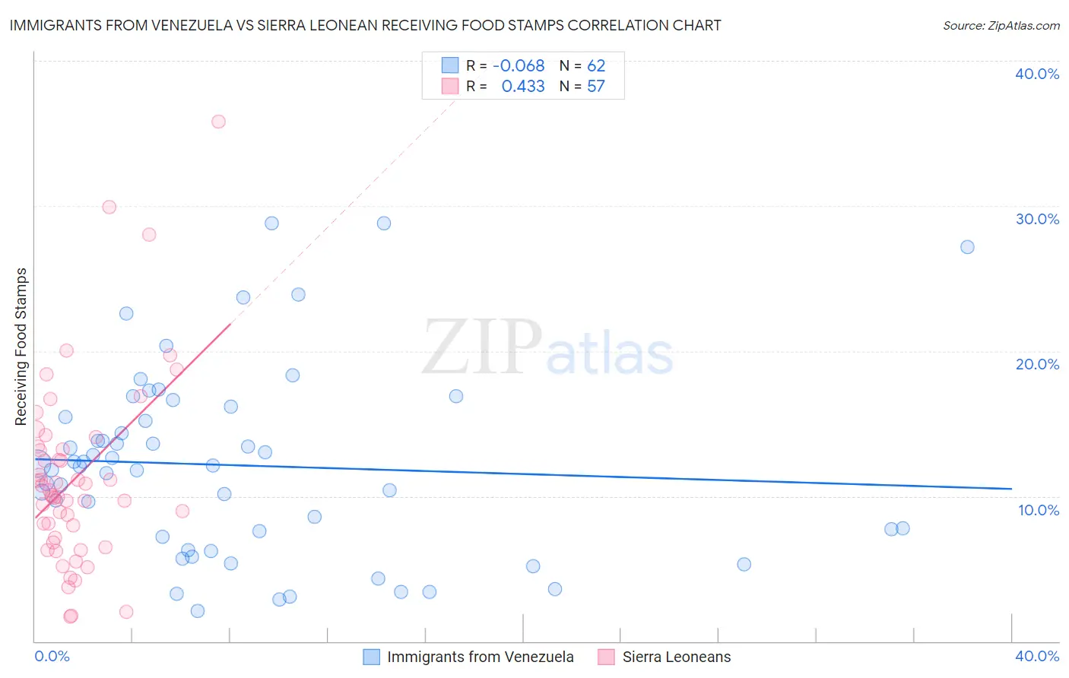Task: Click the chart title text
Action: click(365, 25)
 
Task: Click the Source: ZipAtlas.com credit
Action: click(1001, 25)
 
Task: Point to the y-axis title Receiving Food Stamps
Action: click(21, 347)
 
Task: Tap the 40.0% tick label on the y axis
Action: click(1037, 74)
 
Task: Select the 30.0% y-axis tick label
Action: click(1037, 219)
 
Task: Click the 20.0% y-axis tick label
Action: click(1037, 364)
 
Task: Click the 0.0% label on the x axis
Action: click(52, 656)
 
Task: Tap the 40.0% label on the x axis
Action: click(1037, 656)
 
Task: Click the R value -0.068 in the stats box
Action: click(519, 66)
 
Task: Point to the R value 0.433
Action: click(523, 87)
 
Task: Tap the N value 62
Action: click(596, 66)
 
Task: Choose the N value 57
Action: click(596, 87)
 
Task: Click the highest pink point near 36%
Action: click(218, 122)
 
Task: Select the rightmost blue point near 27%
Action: click(967, 247)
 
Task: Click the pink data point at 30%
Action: click(109, 207)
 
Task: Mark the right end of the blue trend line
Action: click(1011, 489)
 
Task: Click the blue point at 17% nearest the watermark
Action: click(456, 396)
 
